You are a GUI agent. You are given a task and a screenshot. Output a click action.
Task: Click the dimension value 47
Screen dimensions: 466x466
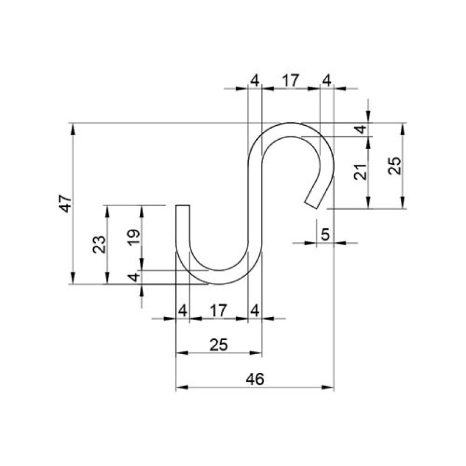pos(66,203)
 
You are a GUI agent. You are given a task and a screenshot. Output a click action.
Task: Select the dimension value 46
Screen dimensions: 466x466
pos(255,379)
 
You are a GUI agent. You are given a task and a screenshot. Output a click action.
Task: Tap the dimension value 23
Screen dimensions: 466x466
pos(99,245)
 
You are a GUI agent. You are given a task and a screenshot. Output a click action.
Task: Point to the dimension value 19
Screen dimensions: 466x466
pos(133,237)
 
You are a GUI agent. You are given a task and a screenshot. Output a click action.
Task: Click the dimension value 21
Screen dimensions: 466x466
pos(361,172)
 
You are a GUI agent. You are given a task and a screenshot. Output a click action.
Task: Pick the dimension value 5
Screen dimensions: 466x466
pos(326,235)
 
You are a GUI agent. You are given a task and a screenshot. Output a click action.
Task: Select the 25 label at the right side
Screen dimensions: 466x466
pos(395,166)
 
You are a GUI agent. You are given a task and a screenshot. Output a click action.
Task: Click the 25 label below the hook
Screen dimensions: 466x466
pos(219,345)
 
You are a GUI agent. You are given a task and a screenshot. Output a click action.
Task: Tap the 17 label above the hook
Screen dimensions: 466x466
pos(290,80)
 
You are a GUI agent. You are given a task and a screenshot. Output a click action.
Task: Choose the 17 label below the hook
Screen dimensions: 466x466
pos(218,310)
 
